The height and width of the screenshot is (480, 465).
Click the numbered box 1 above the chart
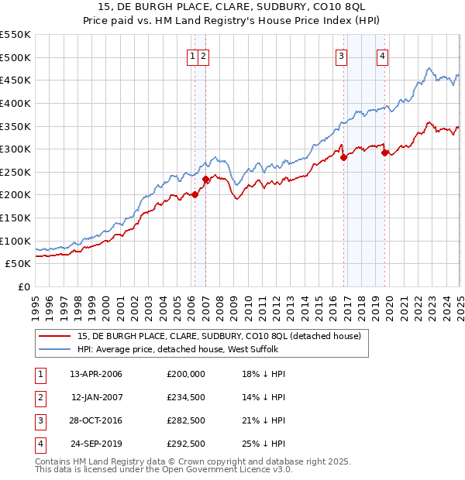(x=191, y=55)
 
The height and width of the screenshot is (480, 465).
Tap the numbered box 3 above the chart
(x=341, y=55)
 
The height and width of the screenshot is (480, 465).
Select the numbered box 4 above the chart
(x=383, y=55)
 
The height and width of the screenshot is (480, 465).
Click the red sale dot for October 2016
(x=343, y=157)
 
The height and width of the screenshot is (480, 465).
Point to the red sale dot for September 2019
(x=385, y=153)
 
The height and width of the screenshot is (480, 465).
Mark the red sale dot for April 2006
(x=195, y=195)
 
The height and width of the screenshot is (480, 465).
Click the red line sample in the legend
(x=53, y=336)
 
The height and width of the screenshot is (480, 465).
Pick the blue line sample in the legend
(x=53, y=349)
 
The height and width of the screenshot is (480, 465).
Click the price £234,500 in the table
(x=186, y=397)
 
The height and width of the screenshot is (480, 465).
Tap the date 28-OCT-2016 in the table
(x=96, y=420)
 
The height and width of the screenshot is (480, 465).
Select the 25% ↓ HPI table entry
(x=263, y=444)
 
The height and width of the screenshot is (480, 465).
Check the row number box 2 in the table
(x=39, y=397)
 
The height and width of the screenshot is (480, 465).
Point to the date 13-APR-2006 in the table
(x=96, y=374)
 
